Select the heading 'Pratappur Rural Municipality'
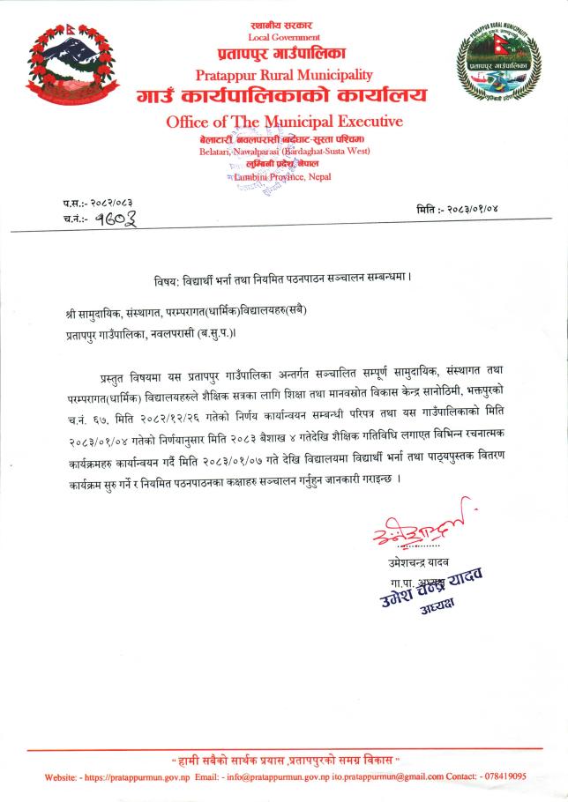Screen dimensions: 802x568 point(284,74)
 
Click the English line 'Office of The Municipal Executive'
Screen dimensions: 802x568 point(284,121)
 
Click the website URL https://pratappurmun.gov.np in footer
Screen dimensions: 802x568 point(137,776)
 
